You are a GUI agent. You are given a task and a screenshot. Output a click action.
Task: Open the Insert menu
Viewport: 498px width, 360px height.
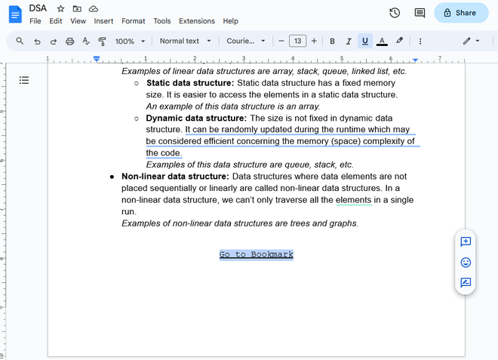point(103,21)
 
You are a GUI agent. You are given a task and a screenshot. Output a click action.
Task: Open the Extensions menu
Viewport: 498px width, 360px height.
point(197,21)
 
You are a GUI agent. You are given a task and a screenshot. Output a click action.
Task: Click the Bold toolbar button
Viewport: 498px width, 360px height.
point(332,41)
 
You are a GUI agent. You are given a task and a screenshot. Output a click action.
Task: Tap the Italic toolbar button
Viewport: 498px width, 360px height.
point(349,41)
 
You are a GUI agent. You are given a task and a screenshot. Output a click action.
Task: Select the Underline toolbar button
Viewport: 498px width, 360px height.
point(365,41)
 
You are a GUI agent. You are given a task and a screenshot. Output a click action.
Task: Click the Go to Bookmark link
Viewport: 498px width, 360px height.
point(256,255)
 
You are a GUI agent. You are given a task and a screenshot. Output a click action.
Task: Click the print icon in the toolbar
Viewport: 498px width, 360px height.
point(69,41)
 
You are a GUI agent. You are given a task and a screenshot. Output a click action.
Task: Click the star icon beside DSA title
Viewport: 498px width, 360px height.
point(60,8)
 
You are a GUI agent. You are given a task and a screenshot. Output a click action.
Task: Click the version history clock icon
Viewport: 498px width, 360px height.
point(395,13)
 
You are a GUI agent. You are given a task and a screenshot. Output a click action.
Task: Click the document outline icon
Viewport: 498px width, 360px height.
point(24,80)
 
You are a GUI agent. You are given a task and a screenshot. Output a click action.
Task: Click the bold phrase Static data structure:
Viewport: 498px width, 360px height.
point(190,83)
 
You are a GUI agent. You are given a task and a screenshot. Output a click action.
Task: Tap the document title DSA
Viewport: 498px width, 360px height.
point(38,8)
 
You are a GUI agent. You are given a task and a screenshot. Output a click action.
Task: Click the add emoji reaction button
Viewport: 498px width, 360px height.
point(466,262)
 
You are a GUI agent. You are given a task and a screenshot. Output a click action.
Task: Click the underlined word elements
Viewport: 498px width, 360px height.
point(354,200)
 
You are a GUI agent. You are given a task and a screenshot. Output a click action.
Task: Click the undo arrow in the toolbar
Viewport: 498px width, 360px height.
point(37,41)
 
